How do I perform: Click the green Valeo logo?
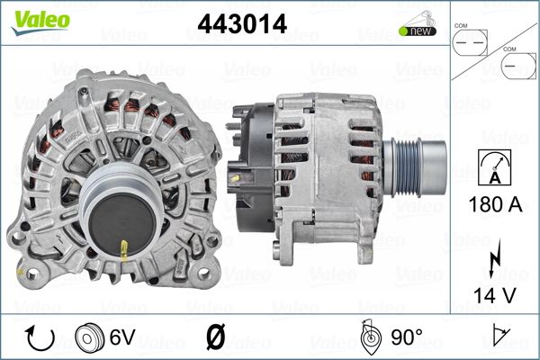pyautogui.click(x=40, y=22)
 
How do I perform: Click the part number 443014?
pyautogui.click(x=242, y=23)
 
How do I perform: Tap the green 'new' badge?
pyautogui.click(x=418, y=31)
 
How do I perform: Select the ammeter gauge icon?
pyautogui.click(x=494, y=167)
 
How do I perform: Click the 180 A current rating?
pyautogui.click(x=495, y=204)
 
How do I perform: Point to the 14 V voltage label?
pyautogui.click(x=494, y=295)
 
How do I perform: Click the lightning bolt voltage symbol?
pyautogui.click(x=494, y=258)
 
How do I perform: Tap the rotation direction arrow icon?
pyautogui.click(x=40, y=337)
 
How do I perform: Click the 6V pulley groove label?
pyautogui.click(x=122, y=337)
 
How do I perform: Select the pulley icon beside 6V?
pyautogui.click(x=89, y=337)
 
